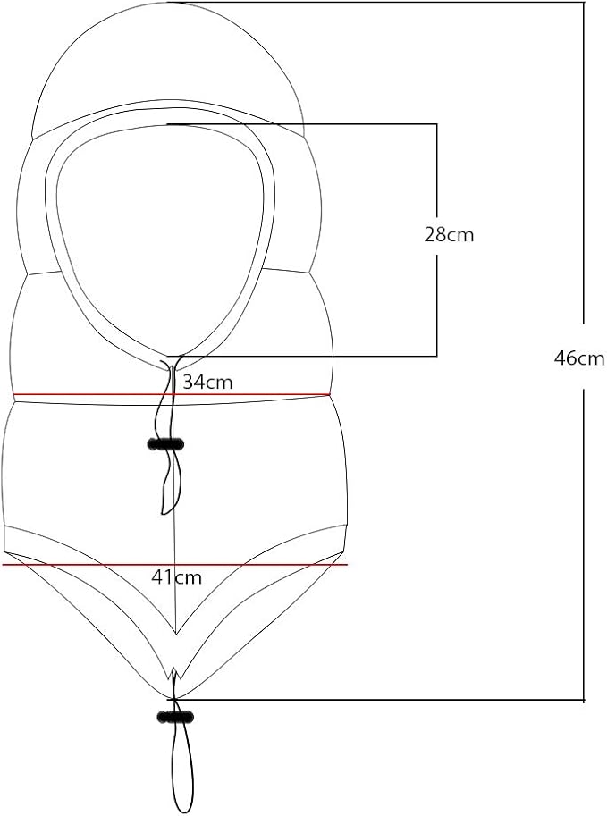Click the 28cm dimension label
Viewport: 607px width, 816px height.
tap(449, 235)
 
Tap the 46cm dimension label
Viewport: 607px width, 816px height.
tap(579, 358)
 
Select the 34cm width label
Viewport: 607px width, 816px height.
tap(207, 382)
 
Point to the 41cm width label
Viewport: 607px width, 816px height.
tap(176, 576)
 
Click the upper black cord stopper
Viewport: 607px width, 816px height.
tap(166, 444)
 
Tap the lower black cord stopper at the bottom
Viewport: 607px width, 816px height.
tap(175, 717)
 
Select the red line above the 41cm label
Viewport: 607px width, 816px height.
tap(175, 564)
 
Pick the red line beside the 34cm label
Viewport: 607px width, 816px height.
tap(172, 394)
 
